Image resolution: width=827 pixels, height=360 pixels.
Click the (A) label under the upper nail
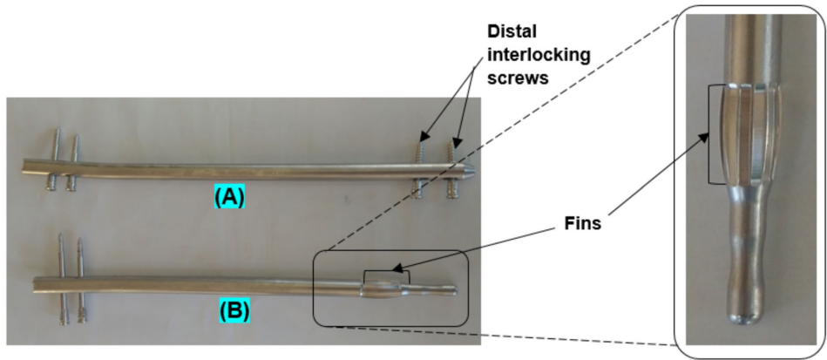pyautogui.click(x=229, y=199)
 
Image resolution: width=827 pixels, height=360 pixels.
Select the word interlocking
pyautogui.click(x=536, y=55)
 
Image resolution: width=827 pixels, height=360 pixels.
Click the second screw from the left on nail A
pyautogui.click(x=73, y=160)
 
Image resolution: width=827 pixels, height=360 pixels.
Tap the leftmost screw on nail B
pyautogui.click(x=62, y=279)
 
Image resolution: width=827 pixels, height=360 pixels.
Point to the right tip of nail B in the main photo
pyautogui.click(x=454, y=287)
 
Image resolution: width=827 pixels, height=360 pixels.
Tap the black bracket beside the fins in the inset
pyautogui.click(x=711, y=134)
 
